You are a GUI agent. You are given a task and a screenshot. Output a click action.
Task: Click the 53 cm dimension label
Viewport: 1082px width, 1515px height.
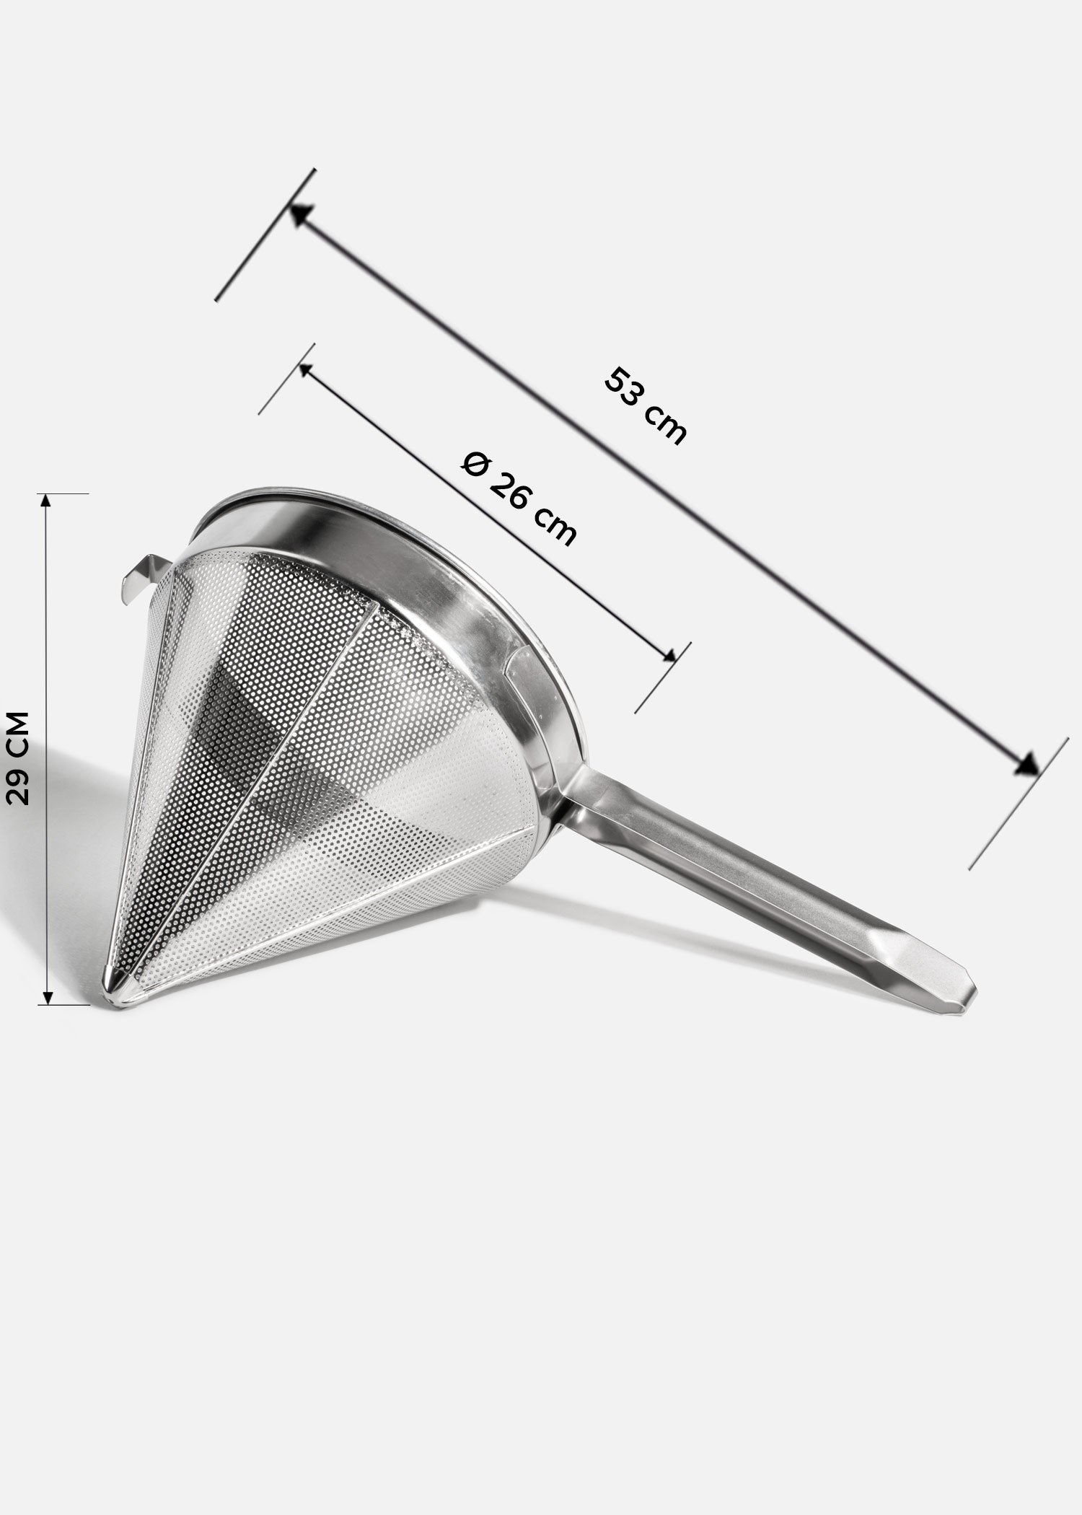click(x=644, y=406)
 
